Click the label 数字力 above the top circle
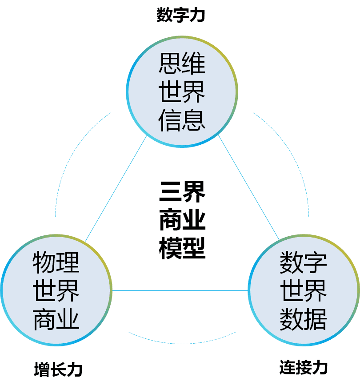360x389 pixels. click(180, 16)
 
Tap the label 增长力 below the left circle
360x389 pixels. click(58, 369)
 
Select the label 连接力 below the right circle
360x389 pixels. click(304, 367)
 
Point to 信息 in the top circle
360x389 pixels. click(182, 119)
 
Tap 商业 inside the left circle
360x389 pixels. click(56, 319)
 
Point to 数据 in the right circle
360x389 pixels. click(304, 319)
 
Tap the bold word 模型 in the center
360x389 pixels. click(182, 249)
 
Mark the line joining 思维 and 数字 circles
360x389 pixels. click(249, 188)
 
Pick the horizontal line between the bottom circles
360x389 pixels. click(180, 291)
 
